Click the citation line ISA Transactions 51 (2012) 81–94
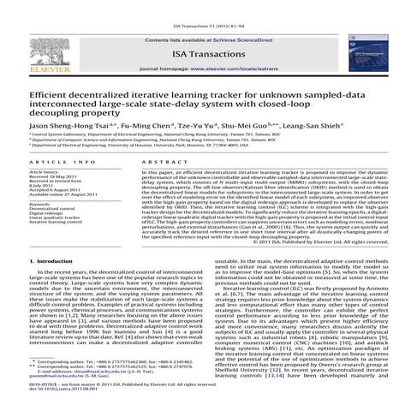tap(205, 8)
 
